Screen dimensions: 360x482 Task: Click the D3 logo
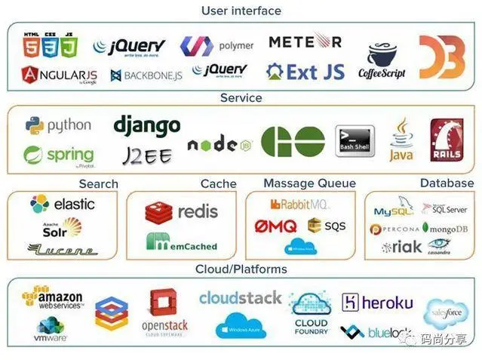(442, 57)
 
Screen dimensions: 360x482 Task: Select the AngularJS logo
(60, 74)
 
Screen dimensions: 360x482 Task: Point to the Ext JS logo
(305, 72)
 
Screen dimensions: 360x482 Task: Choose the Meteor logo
(305, 41)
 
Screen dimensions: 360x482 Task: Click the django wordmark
(147, 125)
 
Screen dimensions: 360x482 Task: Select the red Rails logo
(446, 140)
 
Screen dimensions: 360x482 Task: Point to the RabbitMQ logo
(300, 204)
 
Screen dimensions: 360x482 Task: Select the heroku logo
(377, 303)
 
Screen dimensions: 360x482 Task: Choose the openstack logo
(164, 312)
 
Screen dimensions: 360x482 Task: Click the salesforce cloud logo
(445, 311)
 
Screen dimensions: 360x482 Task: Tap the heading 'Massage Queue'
(309, 183)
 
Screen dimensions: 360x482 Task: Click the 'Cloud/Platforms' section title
(241, 269)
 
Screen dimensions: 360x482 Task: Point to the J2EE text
(147, 155)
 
